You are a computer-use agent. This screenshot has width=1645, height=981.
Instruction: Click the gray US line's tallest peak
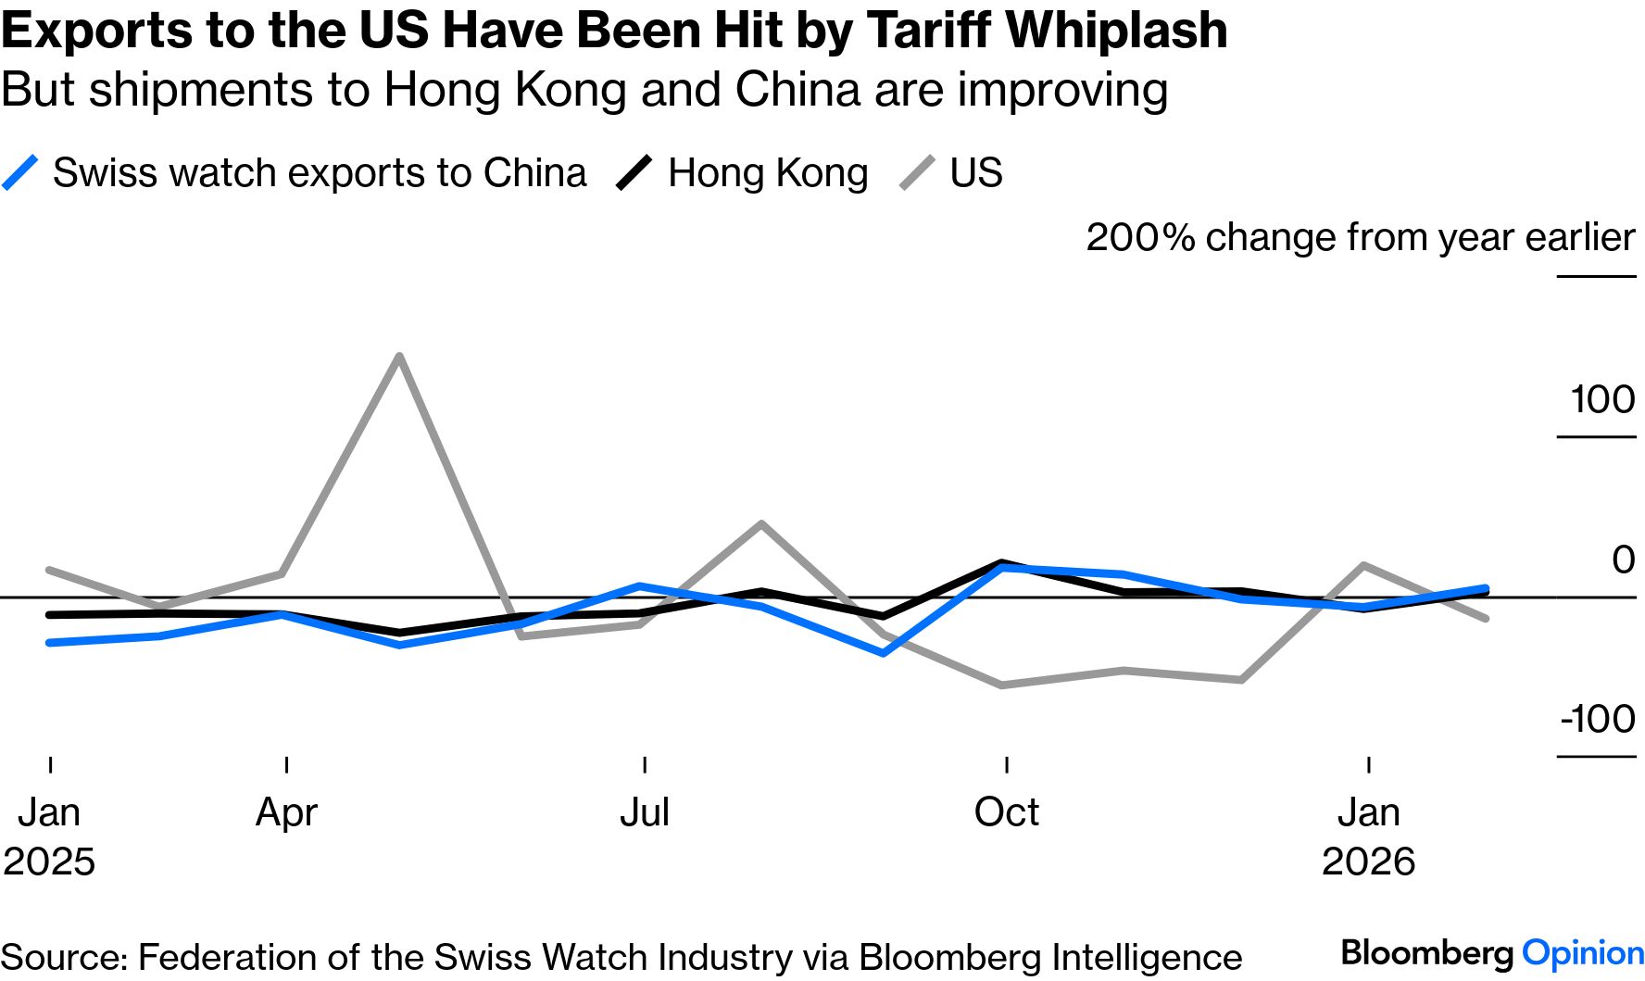(398, 357)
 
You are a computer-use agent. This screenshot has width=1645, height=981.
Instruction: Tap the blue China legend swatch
(20, 173)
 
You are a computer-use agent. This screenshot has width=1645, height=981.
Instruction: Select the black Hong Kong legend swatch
(634, 173)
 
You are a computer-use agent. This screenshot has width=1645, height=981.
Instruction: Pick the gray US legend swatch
(917, 173)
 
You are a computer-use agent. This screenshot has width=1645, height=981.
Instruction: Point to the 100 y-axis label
(1602, 399)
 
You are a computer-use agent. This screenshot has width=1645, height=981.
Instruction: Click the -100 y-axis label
(1598, 719)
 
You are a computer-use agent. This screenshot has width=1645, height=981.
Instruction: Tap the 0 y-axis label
(1623, 560)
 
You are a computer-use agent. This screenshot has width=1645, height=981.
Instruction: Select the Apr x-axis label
(286, 812)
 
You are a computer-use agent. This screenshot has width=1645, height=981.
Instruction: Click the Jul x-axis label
(644, 812)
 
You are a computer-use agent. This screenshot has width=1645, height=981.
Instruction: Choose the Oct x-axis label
(1006, 812)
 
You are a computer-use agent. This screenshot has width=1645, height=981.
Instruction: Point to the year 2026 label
(1368, 862)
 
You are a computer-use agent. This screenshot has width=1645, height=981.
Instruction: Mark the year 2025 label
(49, 862)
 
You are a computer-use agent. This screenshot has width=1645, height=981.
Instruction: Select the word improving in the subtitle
(1062, 91)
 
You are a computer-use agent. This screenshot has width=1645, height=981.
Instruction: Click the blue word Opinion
(1583, 952)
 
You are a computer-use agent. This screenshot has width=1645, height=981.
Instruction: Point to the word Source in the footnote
(63, 957)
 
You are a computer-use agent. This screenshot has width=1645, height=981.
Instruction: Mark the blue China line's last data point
(1486, 588)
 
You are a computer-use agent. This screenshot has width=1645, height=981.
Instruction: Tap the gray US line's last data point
(1486, 618)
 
